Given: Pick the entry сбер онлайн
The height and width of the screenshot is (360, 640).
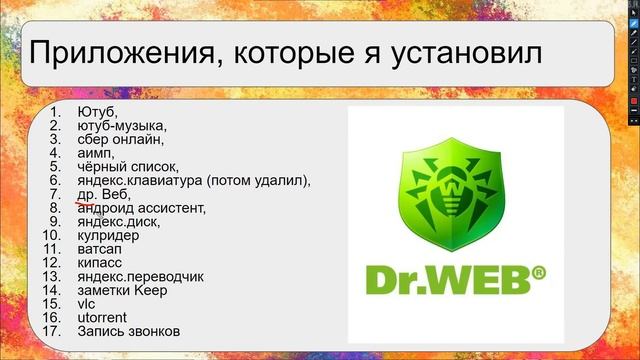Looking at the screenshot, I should pyautogui.click(x=119, y=140).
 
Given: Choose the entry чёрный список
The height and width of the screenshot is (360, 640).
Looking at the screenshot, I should pyautogui.click(x=127, y=167).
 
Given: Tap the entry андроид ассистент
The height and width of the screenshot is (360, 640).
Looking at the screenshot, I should pyautogui.click(x=141, y=208).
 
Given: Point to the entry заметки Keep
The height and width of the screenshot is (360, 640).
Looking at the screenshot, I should pyautogui.click(x=121, y=290).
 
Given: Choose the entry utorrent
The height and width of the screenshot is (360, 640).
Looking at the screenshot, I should pyautogui.click(x=99, y=317).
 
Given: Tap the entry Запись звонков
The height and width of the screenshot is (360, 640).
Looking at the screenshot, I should pyautogui.click(x=128, y=331).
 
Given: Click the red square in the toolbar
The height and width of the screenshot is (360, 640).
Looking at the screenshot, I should pyautogui.click(x=632, y=102).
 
